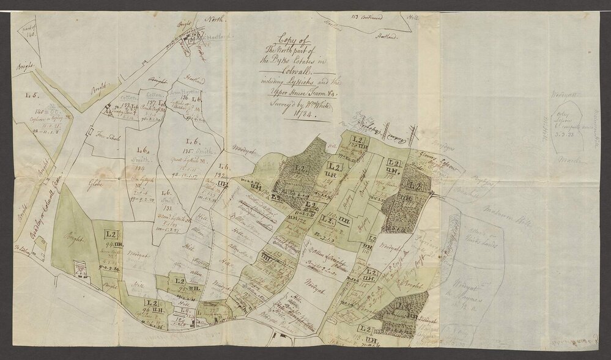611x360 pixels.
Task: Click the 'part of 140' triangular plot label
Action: click(x=31, y=36)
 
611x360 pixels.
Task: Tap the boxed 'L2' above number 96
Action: click(x=150, y=304)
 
